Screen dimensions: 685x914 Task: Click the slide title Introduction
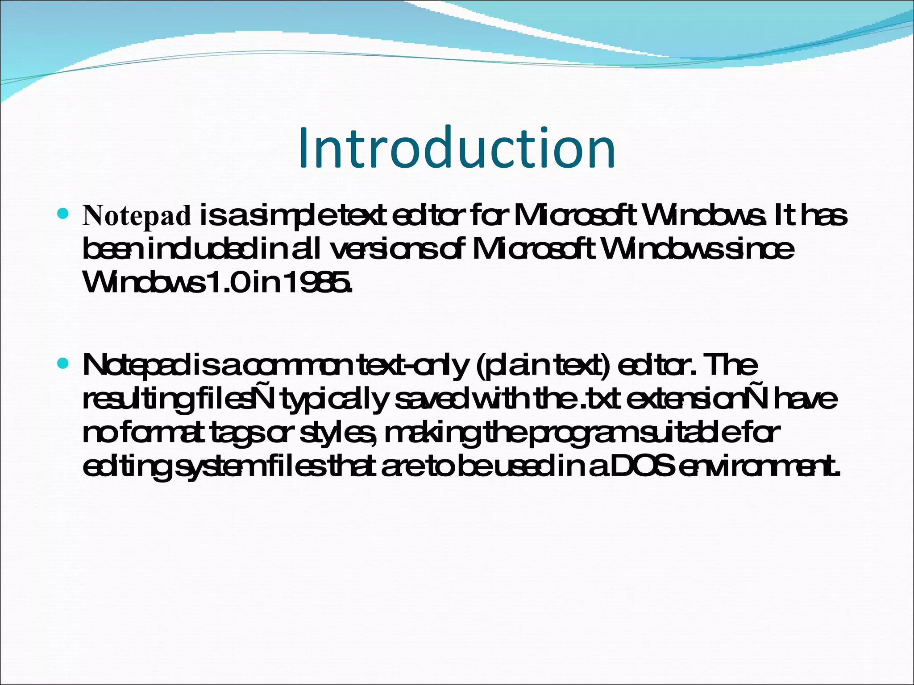click(x=457, y=148)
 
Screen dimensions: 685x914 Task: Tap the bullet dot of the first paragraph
click(x=63, y=214)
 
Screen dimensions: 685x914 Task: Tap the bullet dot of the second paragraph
click(x=63, y=364)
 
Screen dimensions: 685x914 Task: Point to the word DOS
click(x=641, y=466)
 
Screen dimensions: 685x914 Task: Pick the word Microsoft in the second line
click(x=534, y=249)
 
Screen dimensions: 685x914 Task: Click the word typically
click(x=335, y=400)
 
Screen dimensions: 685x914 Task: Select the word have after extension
click(x=805, y=399)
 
